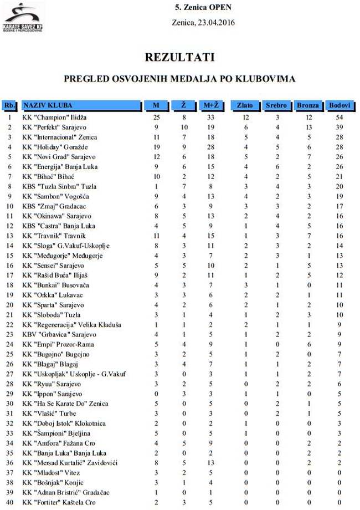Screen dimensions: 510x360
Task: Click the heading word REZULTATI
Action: (x=179, y=57)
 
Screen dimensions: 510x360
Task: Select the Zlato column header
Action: (x=245, y=105)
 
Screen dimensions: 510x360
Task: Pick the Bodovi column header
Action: (x=340, y=105)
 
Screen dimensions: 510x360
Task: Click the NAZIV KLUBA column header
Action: (x=48, y=105)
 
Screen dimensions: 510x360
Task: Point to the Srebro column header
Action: (x=276, y=105)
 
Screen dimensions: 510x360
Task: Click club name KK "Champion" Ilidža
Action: (x=54, y=118)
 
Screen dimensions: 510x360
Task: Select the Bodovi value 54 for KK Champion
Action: (x=340, y=118)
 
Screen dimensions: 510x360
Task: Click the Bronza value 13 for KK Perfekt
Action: (x=308, y=127)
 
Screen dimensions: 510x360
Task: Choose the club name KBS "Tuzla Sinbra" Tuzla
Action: (x=59, y=187)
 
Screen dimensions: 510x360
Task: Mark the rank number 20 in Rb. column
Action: (x=9, y=305)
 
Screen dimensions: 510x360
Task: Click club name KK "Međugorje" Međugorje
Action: (x=62, y=256)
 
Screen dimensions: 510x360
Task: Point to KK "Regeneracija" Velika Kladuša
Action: (x=71, y=325)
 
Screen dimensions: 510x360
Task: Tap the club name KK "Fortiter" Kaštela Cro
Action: (x=59, y=502)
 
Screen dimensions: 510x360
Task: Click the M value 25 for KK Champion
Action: (x=156, y=118)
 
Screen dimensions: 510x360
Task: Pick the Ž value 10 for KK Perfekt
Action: (x=184, y=127)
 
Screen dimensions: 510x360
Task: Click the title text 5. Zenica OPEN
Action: (x=203, y=8)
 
